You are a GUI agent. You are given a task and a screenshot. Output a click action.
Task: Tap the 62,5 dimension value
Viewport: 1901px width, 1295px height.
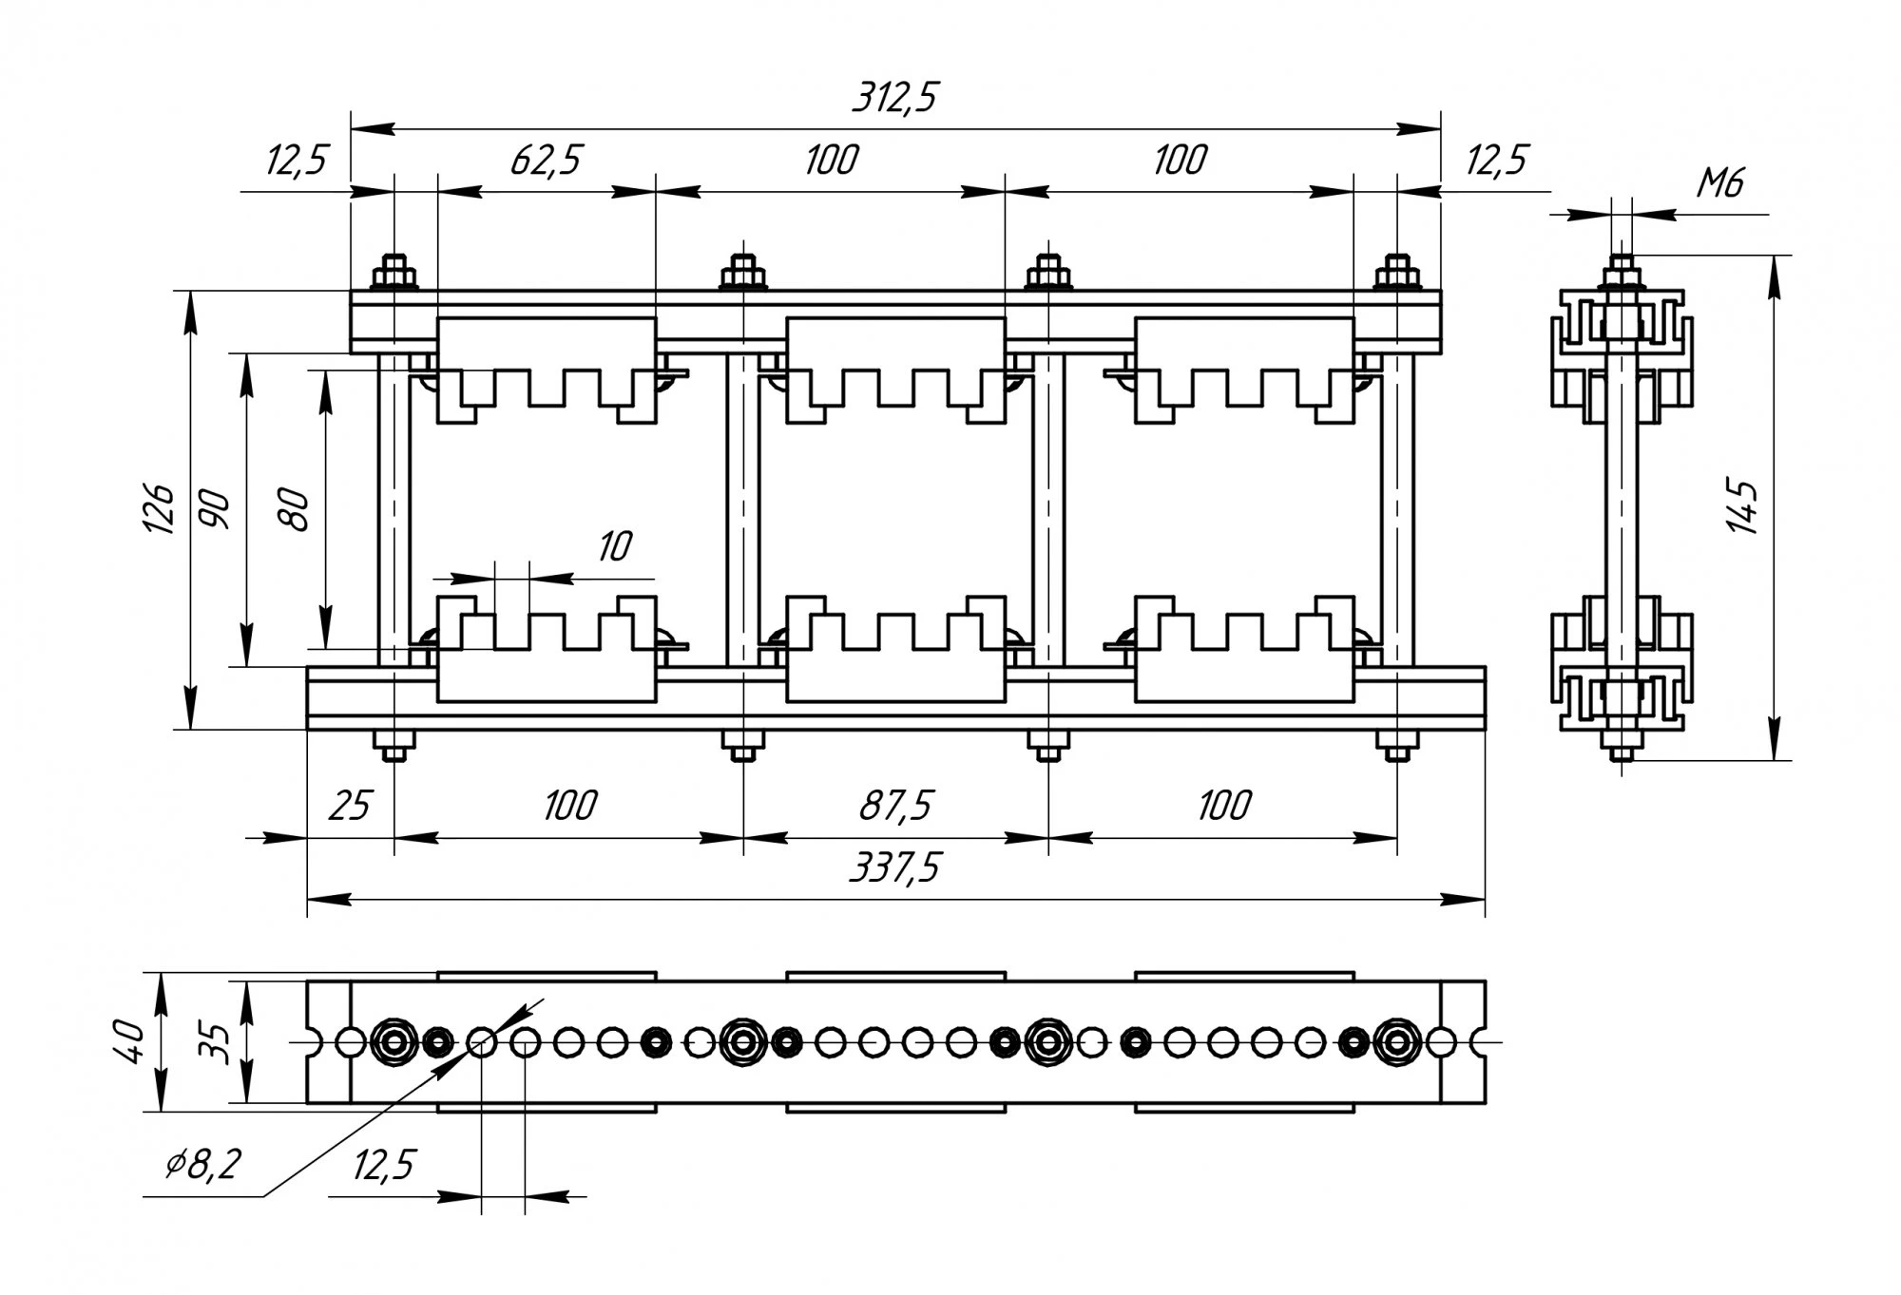point(545,161)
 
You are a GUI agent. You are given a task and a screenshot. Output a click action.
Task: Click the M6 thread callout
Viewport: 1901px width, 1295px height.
point(1720,182)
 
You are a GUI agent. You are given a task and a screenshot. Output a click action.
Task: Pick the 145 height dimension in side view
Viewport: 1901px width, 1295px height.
point(1743,507)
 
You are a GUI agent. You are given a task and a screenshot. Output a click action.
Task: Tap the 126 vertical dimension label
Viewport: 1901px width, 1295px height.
point(160,509)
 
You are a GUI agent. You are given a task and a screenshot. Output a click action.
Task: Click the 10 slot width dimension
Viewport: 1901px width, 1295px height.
point(614,546)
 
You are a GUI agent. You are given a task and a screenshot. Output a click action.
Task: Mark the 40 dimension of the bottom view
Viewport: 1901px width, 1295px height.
point(131,1042)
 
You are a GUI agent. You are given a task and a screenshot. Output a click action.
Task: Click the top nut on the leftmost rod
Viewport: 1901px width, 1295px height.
point(394,276)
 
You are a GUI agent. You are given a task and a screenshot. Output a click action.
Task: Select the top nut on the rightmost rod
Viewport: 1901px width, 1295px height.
point(1396,276)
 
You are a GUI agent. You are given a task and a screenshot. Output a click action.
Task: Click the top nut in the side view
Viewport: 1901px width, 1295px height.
point(1622,277)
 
